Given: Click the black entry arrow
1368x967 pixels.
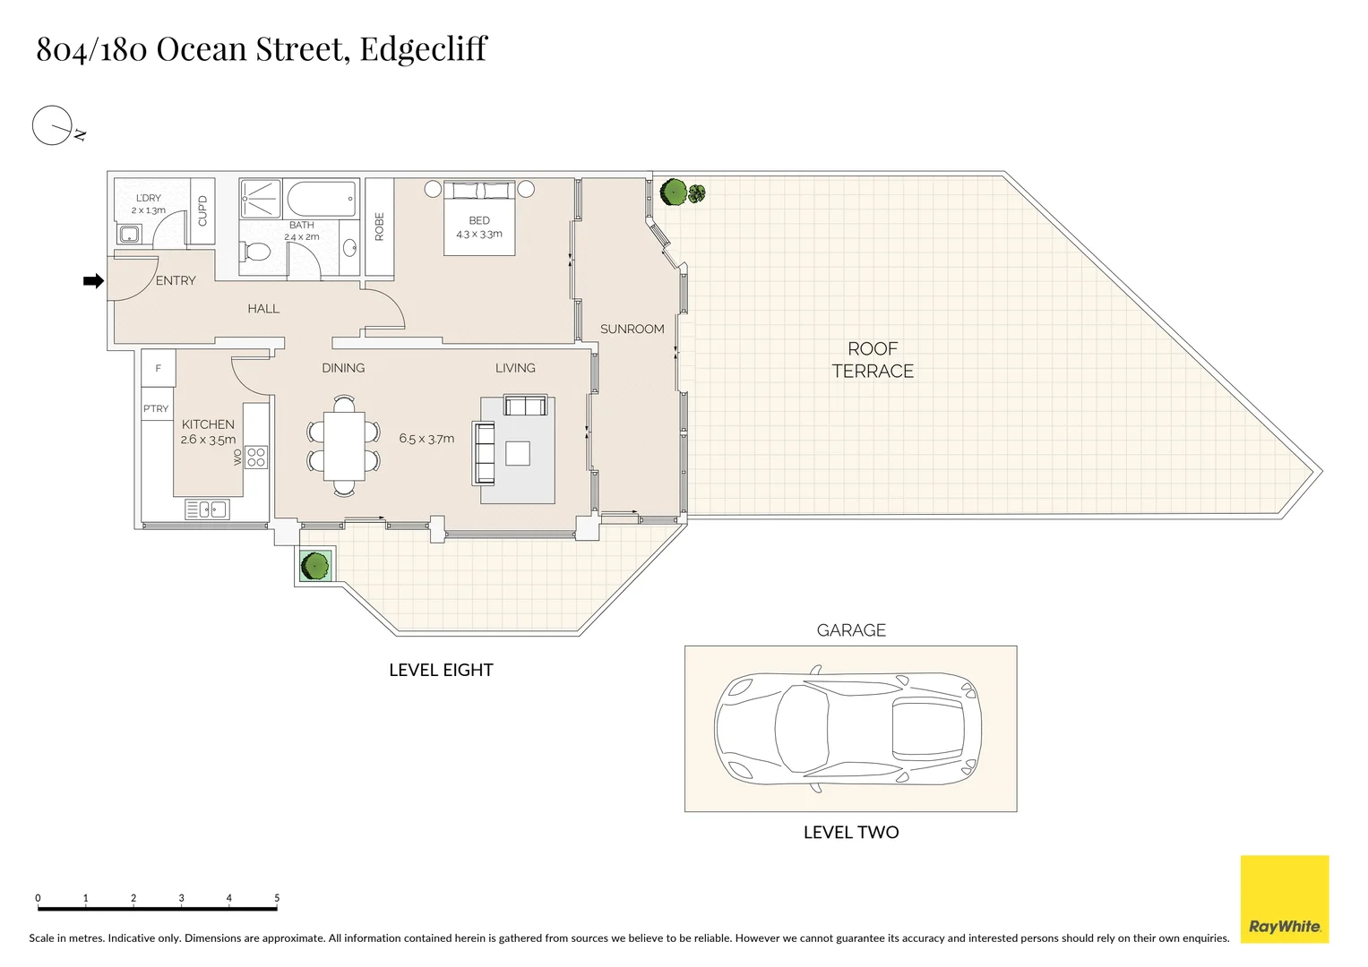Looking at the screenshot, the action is pyautogui.click(x=93, y=281).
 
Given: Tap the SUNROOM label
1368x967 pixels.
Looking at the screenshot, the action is pyautogui.click(x=632, y=329).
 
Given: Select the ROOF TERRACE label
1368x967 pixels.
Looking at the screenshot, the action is pyautogui.click(x=873, y=360).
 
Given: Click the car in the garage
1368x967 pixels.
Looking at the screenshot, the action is pyautogui.click(x=848, y=729).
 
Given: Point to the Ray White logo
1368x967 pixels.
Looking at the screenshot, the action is pyautogui.click(x=1285, y=899).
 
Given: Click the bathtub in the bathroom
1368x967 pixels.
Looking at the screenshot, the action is pyautogui.click(x=322, y=199).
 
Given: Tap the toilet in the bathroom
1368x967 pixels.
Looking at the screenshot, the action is pyautogui.click(x=255, y=252).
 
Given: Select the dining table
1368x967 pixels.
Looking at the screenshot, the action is pyautogui.click(x=344, y=446).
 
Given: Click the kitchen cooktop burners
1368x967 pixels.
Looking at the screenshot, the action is pyautogui.click(x=256, y=458).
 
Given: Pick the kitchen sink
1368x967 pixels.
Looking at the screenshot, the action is pyautogui.click(x=207, y=509).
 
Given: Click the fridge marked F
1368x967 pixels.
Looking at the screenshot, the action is pyautogui.click(x=159, y=368).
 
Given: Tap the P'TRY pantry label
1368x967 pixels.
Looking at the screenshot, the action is pyautogui.click(x=156, y=408).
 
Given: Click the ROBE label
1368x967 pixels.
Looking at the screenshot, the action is pyautogui.click(x=379, y=227).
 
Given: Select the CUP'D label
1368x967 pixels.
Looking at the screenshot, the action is pyautogui.click(x=202, y=210).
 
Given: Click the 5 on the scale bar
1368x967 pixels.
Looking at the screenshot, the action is pyautogui.click(x=277, y=897).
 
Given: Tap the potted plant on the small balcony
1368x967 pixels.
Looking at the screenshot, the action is pyautogui.click(x=315, y=565).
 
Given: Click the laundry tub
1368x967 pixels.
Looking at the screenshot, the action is pyautogui.click(x=129, y=233).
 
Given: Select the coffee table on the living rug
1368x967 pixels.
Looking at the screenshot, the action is pyautogui.click(x=517, y=453).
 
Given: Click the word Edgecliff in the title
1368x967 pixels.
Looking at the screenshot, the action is pyautogui.click(x=423, y=49).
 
